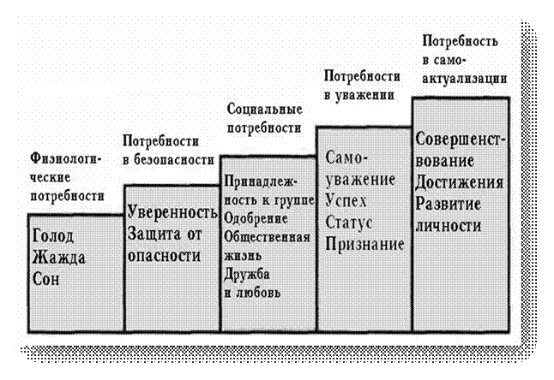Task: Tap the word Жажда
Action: (56, 258)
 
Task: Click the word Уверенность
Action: (171, 211)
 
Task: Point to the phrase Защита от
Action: (164, 233)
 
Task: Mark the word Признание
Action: (364, 244)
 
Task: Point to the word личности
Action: (446, 224)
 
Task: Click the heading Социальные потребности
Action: (264, 119)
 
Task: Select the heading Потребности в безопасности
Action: (168, 150)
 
